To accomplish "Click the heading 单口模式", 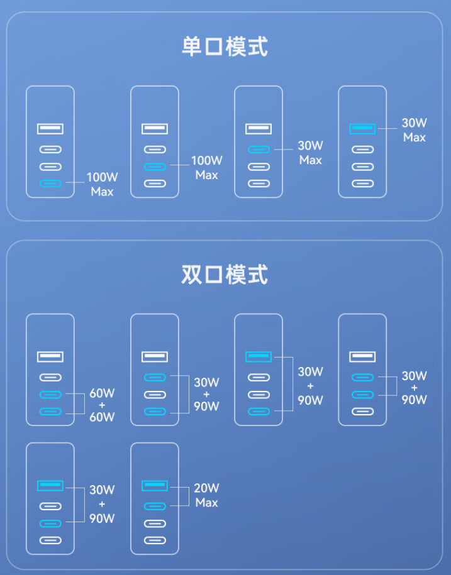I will click(225, 47).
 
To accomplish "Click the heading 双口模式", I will click(225, 275).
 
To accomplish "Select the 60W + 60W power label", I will click(102, 405).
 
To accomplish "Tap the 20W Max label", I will click(206, 495).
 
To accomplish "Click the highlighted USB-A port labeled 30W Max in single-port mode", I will click(362, 129).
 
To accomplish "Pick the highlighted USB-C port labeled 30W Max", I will click(259, 150).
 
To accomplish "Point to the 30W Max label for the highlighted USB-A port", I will click(415, 129).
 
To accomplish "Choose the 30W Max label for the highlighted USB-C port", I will click(310, 153).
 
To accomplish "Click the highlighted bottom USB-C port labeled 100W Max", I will click(50, 183).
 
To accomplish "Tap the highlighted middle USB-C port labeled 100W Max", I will click(155, 167).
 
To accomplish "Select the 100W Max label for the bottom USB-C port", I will click(102, 184).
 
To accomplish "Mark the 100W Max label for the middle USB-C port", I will click(206, 168).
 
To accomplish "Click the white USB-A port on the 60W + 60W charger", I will click(50, 357).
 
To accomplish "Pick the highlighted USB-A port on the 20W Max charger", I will click(155, 485).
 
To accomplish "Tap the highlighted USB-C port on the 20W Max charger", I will click(155, 506).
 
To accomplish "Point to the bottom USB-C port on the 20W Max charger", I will click(155, 540).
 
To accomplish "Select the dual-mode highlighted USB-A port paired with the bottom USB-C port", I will click(259, 357).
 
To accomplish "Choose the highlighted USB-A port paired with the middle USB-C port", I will click(50, 485).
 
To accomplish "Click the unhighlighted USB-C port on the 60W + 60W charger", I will click(50, 378).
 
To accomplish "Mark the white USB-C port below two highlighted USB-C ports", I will click(362, 412).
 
